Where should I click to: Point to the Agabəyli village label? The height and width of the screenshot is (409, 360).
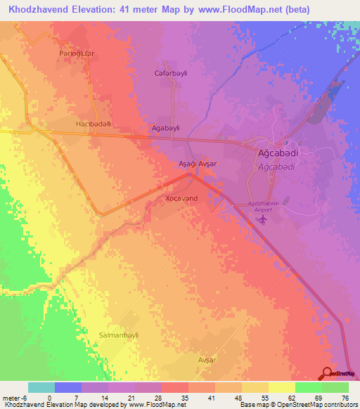pos(166,128)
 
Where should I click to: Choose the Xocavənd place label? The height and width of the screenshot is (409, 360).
pos(181,199)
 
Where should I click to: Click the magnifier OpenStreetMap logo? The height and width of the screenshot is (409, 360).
pos(328,372)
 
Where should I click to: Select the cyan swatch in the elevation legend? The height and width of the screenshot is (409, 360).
pos(41,387)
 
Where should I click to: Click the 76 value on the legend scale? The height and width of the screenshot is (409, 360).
pos(344,397)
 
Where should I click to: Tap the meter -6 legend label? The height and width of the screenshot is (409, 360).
pos(14,397)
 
